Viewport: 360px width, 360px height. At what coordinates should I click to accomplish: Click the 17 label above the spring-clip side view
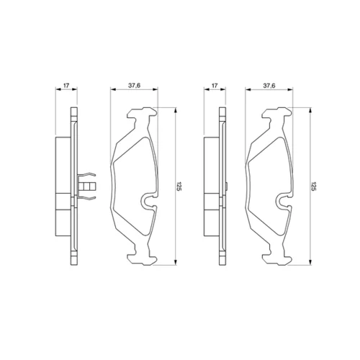click(66, 85)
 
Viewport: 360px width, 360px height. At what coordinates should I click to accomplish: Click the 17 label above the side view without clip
click(215, 85)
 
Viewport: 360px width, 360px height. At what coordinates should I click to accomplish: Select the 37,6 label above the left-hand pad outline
click(134, 86)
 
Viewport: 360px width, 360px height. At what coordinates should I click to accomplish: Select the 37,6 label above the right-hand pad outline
click(269, 86)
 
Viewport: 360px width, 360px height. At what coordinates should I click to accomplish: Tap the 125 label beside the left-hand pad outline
click(179, 186)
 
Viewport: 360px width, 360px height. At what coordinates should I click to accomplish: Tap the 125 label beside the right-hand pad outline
click(313, 186)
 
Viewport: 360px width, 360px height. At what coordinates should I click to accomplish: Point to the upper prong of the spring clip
click(87, 175)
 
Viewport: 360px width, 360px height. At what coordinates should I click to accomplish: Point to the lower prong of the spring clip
click(87, 197)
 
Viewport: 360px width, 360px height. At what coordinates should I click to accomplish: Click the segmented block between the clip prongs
click(87, 186)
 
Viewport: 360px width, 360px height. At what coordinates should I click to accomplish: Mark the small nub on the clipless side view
click(227, 186)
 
